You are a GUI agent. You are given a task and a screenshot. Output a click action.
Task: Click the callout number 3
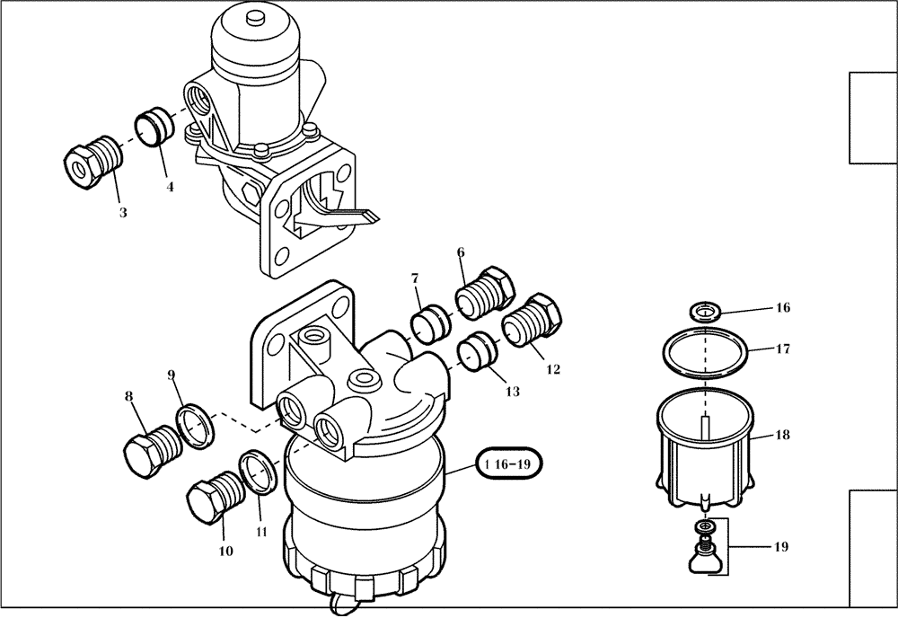point(123,213)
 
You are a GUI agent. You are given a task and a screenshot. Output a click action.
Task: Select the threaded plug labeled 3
point(93,162)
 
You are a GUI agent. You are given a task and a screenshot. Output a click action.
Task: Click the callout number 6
point(461,253)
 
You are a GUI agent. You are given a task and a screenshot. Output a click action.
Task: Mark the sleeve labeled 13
point(477,351)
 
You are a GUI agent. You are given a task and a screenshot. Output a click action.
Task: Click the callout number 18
point(783,435)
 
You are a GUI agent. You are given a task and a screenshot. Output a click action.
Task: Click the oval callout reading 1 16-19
point(513,465)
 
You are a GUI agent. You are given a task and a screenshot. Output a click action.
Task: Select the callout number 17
point(783,349)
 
